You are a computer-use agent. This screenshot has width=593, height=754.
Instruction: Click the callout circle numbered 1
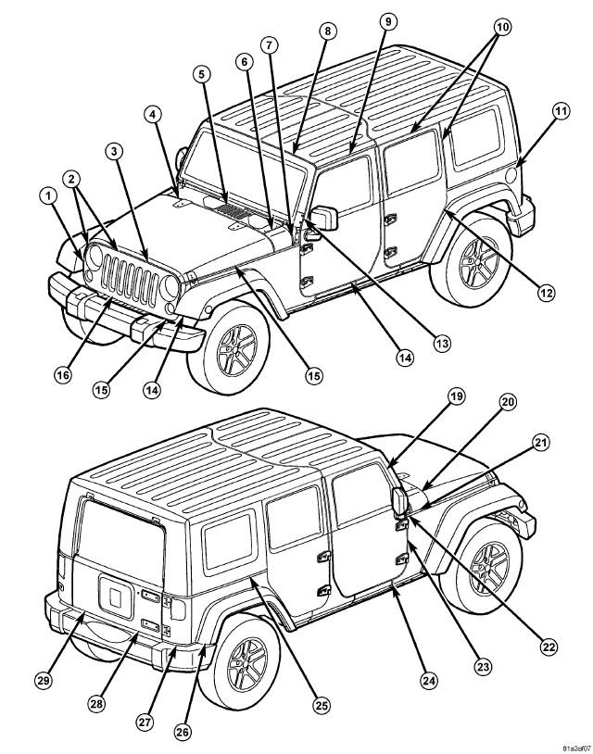pos(47,195)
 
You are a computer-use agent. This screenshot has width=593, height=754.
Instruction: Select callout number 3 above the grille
pos(113,151)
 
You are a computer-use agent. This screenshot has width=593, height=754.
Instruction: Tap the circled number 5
pos(201,74)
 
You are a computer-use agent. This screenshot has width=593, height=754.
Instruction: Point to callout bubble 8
pos(327,31)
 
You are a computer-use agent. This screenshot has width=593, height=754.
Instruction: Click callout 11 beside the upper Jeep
pos(561,111)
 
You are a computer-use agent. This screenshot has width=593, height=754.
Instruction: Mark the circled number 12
pos(546,293)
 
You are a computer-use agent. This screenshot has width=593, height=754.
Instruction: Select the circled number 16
pos(62,374)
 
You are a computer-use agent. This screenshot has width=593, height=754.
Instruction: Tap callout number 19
pos(456,396)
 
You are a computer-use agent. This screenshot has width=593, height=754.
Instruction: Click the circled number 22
pos(549,647)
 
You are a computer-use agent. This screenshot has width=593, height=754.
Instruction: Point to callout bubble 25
pos(322,706)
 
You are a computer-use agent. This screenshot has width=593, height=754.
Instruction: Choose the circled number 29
pos(44,681)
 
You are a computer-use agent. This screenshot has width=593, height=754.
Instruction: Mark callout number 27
pos(145,722)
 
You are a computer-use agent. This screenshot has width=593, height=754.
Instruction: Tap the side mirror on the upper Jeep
pos(324,217)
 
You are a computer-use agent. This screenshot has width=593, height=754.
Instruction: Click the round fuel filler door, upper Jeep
pos(511,174)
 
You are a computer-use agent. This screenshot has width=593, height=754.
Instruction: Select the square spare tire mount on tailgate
pos(116,597)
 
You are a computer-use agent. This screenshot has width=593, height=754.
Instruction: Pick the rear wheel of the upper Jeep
pos(471,260)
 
